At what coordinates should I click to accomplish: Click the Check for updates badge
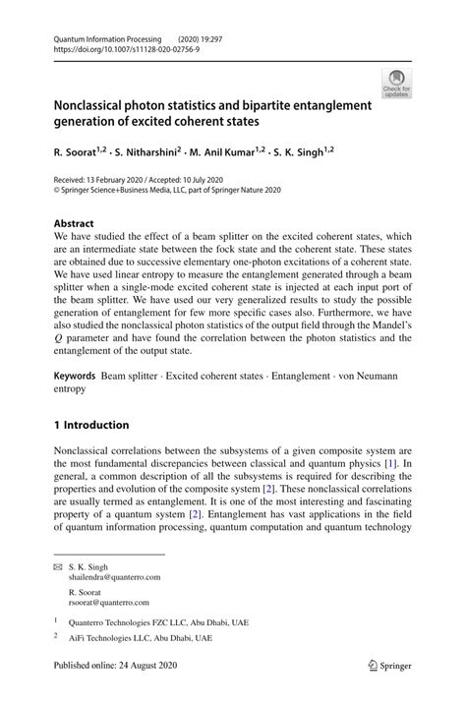[396, 83]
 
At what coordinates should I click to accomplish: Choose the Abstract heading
[74, 223]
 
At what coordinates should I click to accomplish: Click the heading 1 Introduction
[91, 425]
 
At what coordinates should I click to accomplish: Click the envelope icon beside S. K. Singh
[58, 568]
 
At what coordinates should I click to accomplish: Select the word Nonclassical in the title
[96, 105]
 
